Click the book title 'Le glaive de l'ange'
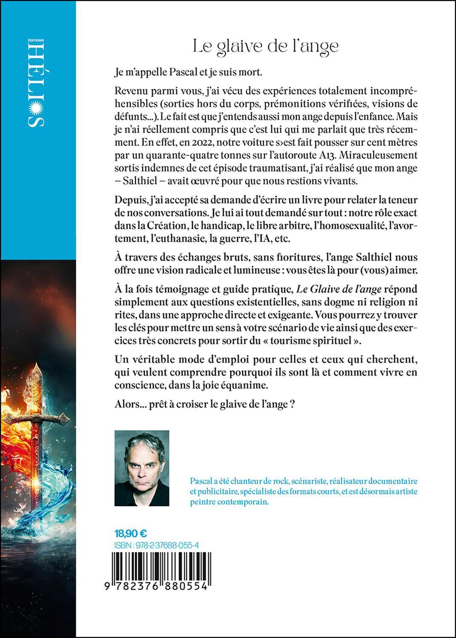point(266,46)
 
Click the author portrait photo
point(142,468)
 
